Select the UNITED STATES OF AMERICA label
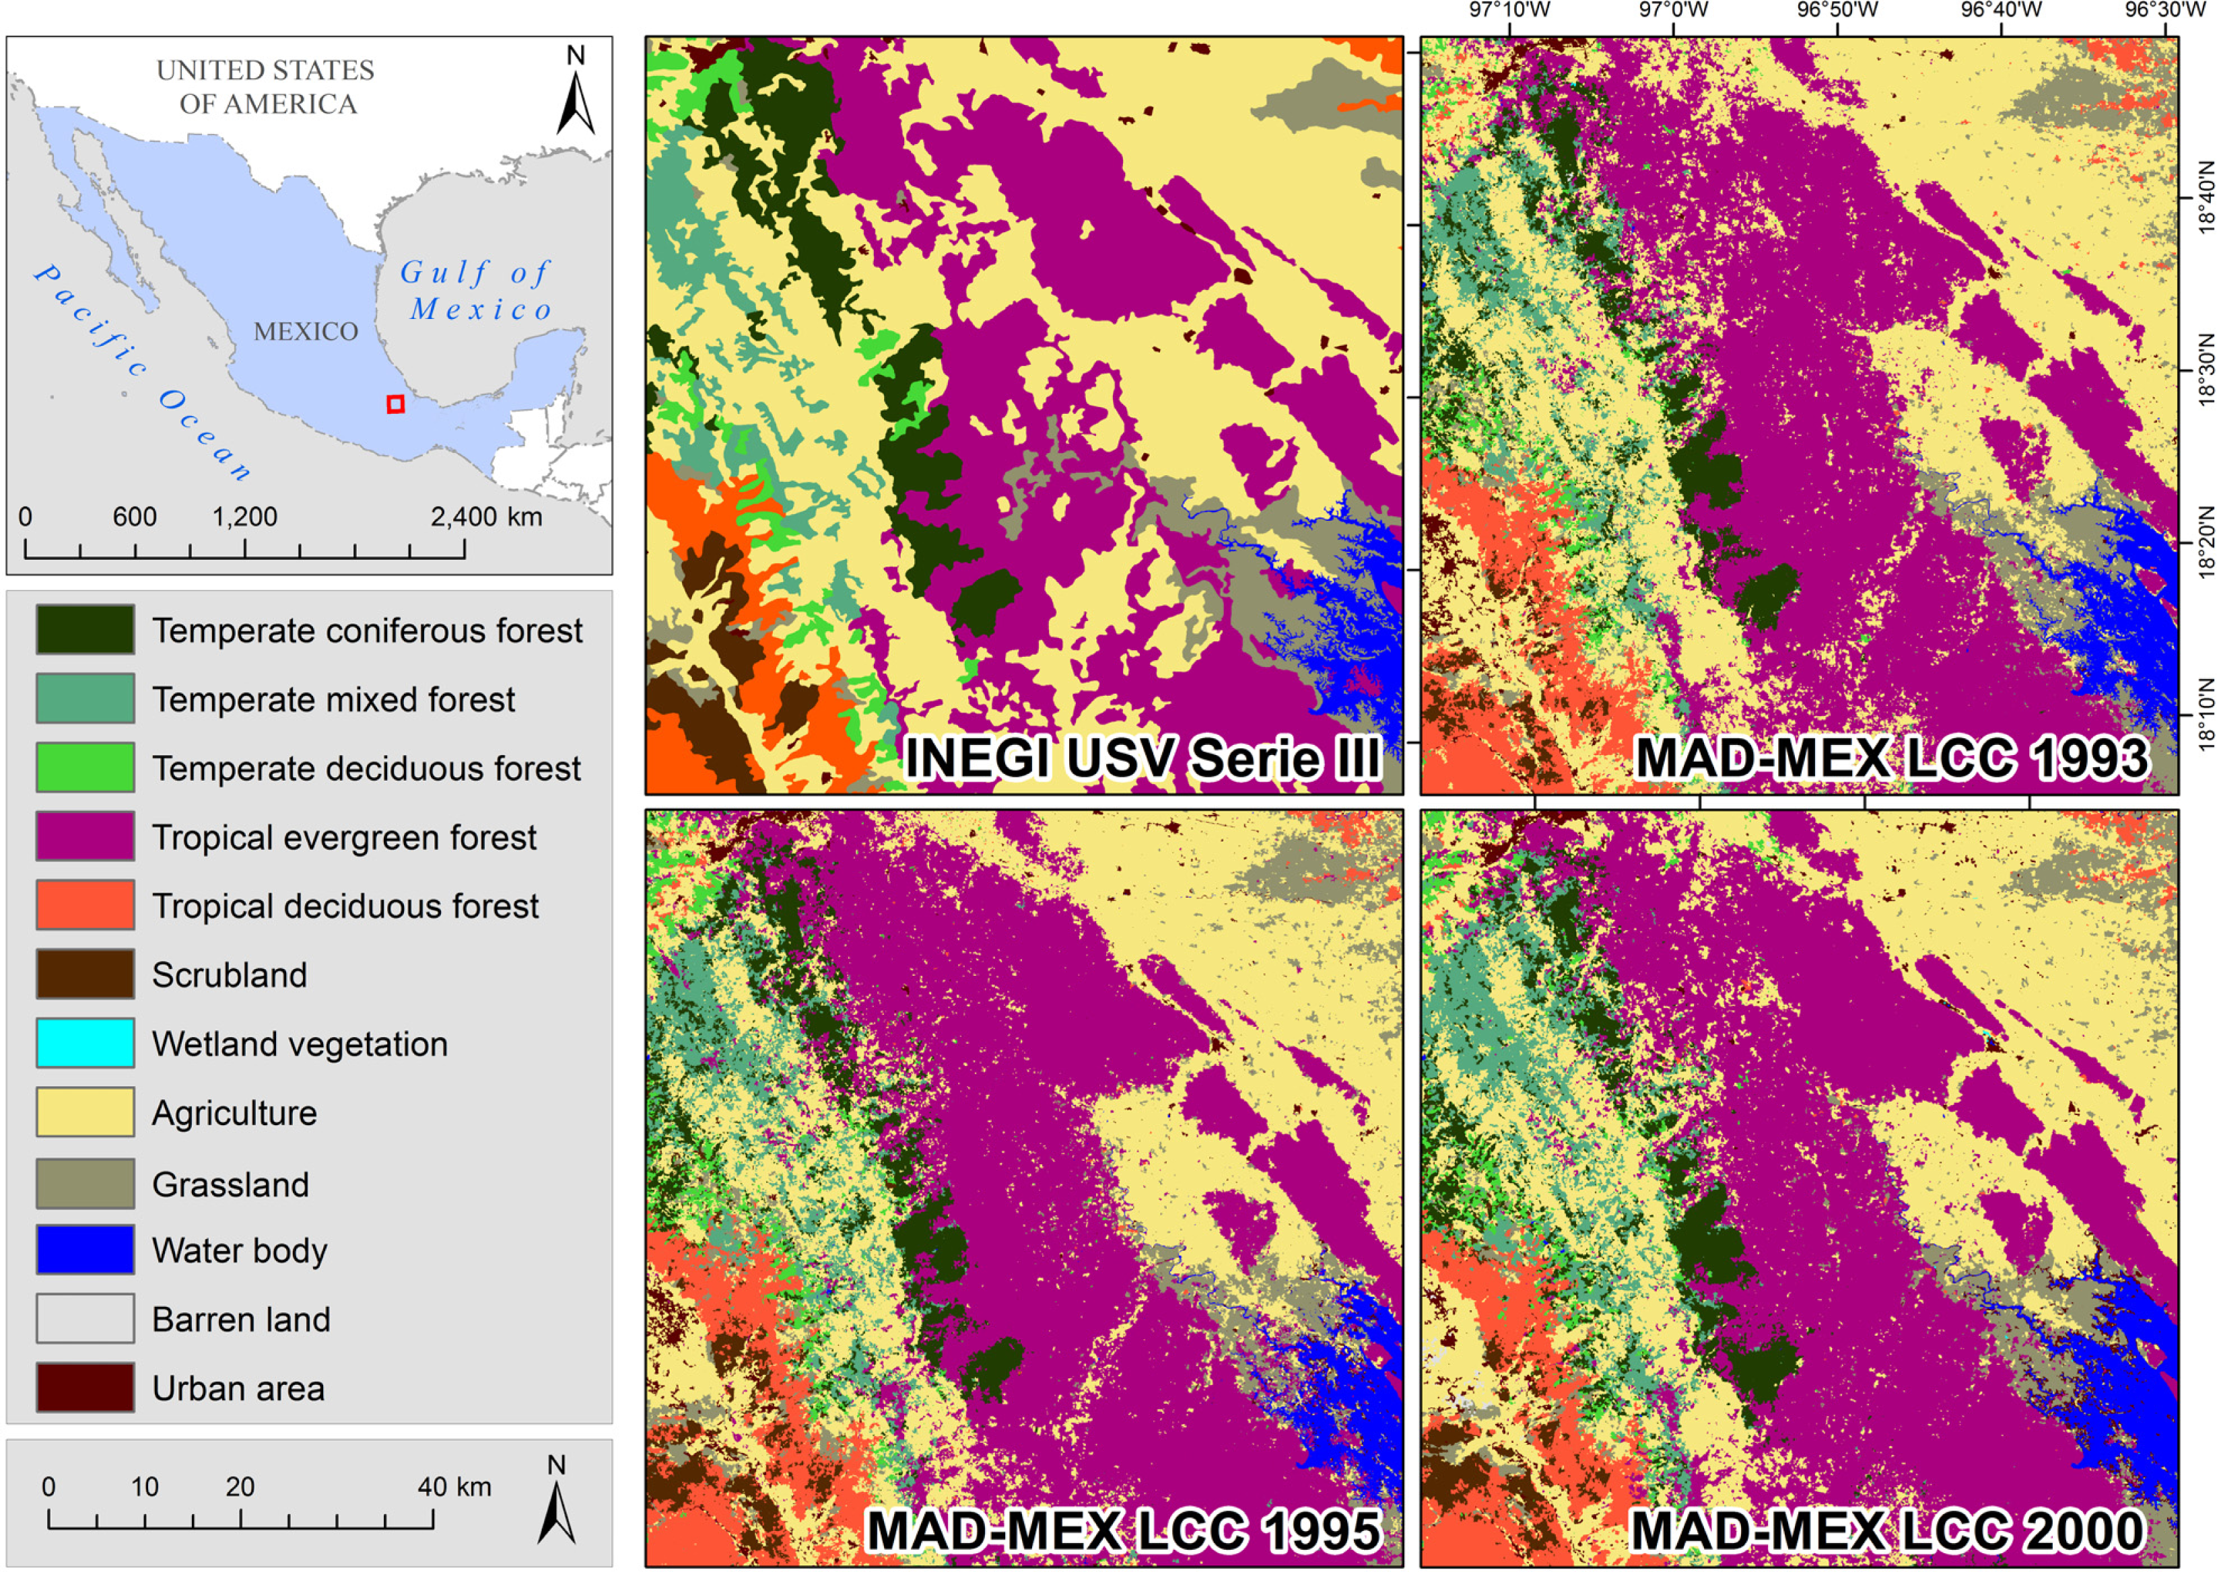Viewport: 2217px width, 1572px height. (266, 86)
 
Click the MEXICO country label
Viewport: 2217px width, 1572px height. (306, 331)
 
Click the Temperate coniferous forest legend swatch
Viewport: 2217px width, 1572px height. (86, 629)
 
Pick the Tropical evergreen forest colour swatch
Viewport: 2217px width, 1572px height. (86, 836)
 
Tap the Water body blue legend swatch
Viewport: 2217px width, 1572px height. (86, 1250)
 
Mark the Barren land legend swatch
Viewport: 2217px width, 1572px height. (86, 1318)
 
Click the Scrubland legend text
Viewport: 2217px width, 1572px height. (230, 974)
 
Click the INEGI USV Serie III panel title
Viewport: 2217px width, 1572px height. (1142, 757)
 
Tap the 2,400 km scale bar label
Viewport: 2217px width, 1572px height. (486, 517)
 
